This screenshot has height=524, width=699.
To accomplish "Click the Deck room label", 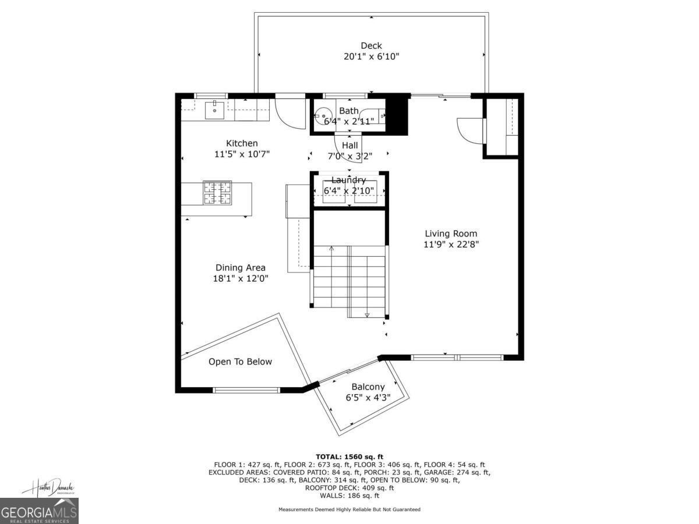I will pyautogui.click(x=371, y=46).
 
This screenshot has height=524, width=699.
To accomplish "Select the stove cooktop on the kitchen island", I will pyautogui.click(x=217, y=193).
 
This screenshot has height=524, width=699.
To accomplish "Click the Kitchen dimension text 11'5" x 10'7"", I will pyautogui.click(x=242, y=154).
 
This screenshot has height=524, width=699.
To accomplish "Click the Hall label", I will pyautogui.click(x=349, y=146).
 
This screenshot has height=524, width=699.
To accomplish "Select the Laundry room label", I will pyautogui.click(x=348, y=180).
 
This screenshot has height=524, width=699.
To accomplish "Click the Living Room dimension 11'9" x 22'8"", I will pyautogui.click(x=451, y=245).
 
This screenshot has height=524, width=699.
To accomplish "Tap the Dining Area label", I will pyautogui.click(x=241, y=268).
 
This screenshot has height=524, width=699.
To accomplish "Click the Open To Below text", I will pyautogui.click(x=240, y=362).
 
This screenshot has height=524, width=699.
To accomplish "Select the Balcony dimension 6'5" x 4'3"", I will pyautogui.click(x=368, y=398).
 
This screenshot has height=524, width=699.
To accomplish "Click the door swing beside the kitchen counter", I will pyautogui.click(x=290, y=114).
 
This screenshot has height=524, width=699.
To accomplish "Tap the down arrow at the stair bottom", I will pyautogui.click(x=367, y=314).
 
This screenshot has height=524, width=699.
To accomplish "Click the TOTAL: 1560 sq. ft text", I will pyautogui.click(x=349, y=456).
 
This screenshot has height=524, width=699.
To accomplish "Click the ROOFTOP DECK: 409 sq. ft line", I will pyautogui.click(x=349, y=488).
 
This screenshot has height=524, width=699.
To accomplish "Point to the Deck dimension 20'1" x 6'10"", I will pyautogui.click(x=371, y=56).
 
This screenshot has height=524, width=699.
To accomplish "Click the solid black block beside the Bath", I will pyautogui.click(x=397, y=114).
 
